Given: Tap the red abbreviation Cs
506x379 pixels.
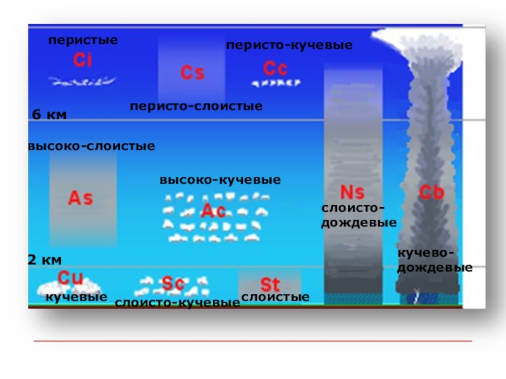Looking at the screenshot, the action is (x=192, y=73).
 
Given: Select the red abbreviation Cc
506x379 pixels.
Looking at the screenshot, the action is (x=275, y=68).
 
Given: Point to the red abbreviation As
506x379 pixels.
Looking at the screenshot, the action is (x=80, y=198).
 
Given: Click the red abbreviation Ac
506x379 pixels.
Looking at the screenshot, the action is (x=213, y=211).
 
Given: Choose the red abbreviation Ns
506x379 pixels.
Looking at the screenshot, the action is (x=352, y=191).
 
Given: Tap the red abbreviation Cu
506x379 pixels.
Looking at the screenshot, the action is (x=70, y=277).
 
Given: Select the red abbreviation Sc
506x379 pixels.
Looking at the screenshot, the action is (x=173, y=284).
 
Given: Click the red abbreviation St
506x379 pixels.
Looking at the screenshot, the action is (x=270, y=284).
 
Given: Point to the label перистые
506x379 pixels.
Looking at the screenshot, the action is (x=83, y=40).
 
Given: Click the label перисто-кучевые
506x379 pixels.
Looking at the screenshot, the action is (x=289, y=45).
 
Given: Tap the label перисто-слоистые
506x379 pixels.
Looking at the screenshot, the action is (x=196, y=106).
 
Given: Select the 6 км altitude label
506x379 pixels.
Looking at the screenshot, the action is (x=49, y=114).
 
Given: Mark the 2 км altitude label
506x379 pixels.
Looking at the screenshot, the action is (x=44, y=260).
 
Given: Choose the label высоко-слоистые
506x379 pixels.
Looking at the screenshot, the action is (x=92, y=146).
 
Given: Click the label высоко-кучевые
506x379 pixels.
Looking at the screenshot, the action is (x=220, y=180).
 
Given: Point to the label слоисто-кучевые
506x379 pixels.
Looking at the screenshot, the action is (x=177, y=303).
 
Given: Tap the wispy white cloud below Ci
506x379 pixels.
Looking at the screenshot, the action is (x=82, y=81).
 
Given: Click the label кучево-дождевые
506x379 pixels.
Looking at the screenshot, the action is (x=435, y=260).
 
